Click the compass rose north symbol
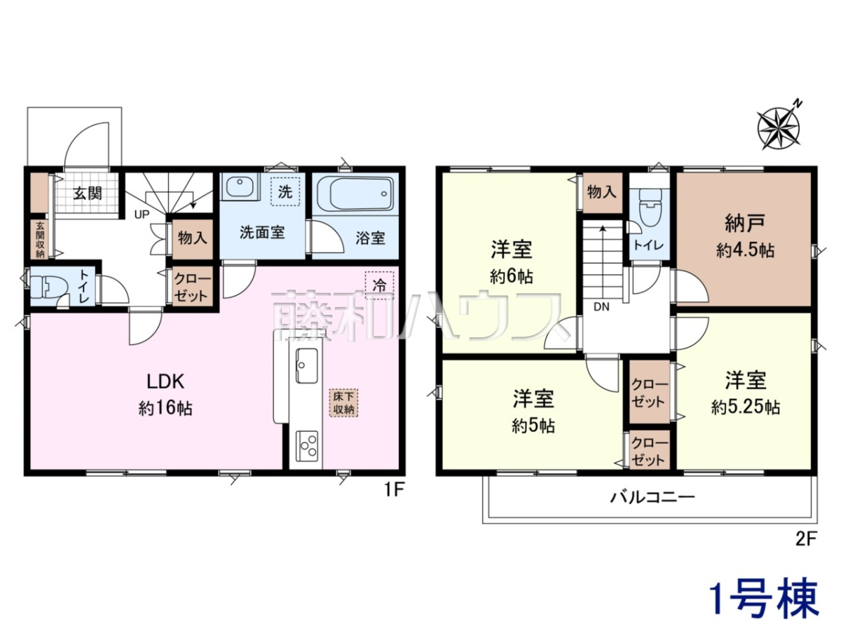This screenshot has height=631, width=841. [779, 128]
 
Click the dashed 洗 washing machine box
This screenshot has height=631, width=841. [285, 191]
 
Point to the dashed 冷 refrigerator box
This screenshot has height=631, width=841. [379, 285]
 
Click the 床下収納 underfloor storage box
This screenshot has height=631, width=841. [343, 403]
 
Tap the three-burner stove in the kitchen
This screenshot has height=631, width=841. [307, 446]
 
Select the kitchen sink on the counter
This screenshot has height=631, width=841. [306, 365]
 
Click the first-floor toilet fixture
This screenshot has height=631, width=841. [48, 287]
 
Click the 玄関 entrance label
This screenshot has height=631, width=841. [88, 194]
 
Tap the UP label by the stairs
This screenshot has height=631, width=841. [142, 215]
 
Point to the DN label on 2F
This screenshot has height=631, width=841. [601, 307]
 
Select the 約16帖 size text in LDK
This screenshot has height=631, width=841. [165, 409]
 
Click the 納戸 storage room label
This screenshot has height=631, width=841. [745, 224]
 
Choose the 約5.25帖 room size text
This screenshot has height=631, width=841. [746, 407]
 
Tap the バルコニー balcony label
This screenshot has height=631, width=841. [652, 498]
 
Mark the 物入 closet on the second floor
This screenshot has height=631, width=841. [602, 192]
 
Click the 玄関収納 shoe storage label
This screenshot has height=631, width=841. [40, 239]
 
